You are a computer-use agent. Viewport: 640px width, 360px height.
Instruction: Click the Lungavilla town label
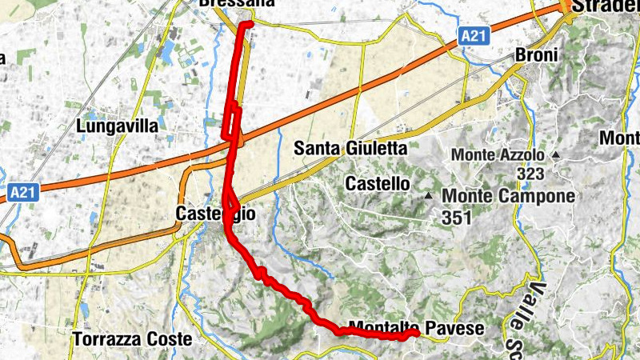(x=118, y=126)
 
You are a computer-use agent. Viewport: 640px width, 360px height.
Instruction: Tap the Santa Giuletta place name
(x=350, y=148)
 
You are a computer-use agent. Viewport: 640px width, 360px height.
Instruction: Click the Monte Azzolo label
(x=498, y=154)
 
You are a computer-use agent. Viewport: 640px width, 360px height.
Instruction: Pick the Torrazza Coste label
(x=132, y=339)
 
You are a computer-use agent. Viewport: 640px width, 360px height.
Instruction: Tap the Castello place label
(x=377, y=184)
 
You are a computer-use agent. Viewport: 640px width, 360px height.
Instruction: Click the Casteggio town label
(x=204, y=214)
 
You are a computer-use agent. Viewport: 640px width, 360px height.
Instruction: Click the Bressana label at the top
(x=225, y=4)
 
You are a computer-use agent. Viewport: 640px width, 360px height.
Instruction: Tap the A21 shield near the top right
(x=474, y=36)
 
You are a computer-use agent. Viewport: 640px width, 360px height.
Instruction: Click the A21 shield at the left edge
(x=24, y=192)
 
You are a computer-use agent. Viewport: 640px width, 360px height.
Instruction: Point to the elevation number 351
(x=454, y=217)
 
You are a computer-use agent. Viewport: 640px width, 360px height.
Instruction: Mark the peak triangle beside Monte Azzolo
(x=555, y=154)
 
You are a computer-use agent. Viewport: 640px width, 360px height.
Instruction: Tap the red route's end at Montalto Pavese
(x=415, y=332)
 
